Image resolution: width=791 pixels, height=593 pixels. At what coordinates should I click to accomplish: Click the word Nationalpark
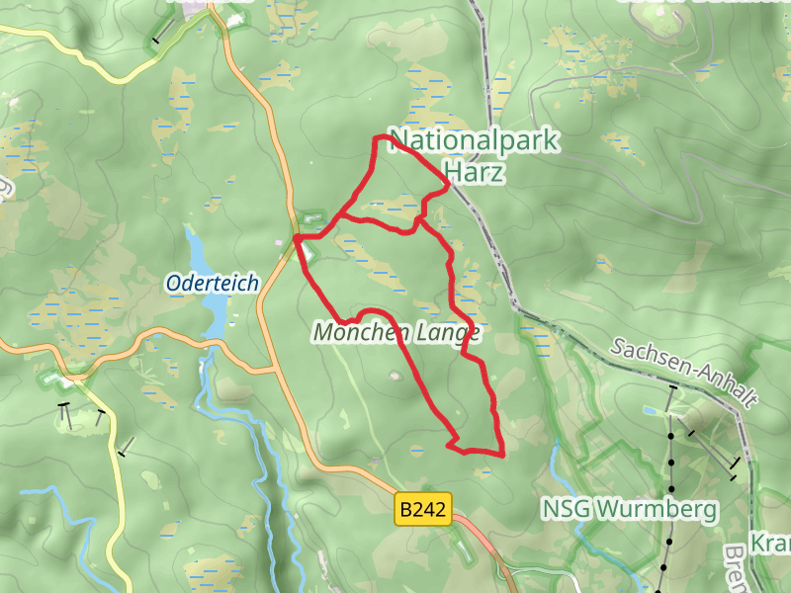click(475, 141)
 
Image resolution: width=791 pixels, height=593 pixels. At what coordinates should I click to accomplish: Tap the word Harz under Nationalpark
click(475, 174)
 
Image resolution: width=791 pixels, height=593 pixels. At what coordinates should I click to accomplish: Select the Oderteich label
click(212, 284)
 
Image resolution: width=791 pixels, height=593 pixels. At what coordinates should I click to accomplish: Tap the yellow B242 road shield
click(423, 510)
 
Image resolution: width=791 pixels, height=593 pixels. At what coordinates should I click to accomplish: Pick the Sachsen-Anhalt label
click(683, 374)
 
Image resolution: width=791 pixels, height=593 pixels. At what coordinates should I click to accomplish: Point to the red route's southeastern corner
click(503, 454)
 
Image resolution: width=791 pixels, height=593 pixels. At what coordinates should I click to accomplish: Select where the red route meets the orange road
click(296, 237)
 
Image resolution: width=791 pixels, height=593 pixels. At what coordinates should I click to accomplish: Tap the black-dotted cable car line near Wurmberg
click(670, 484)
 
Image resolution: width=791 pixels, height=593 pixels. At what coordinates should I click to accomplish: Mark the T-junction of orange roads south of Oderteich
click(272, 371)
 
